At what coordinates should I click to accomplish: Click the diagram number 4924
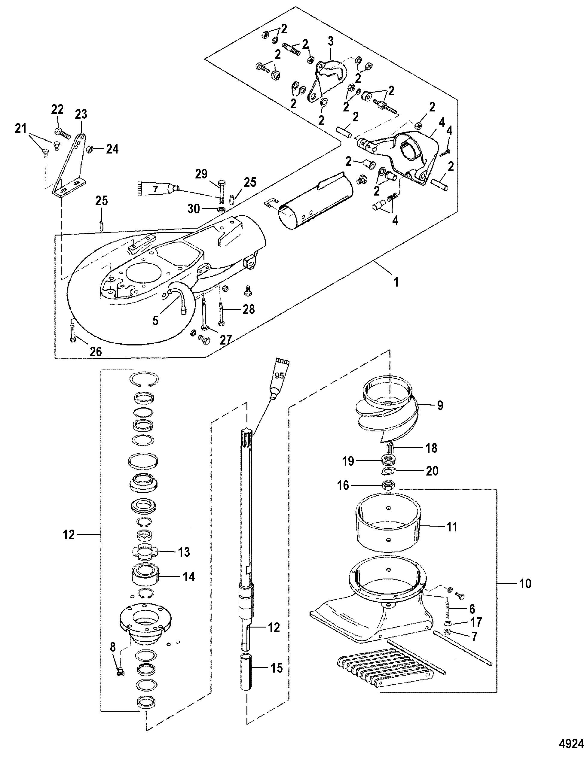coord(570,743)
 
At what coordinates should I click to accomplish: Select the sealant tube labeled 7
coord(157,189)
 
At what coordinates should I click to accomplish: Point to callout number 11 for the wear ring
coord(452,527)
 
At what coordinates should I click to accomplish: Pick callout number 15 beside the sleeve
coord(277,668)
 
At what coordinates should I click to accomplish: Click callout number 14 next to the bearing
coord(189,576)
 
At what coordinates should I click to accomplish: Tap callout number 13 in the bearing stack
coord(184,552)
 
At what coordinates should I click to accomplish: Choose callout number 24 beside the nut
coord(112,149)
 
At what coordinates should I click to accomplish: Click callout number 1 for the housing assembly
coord(396,282)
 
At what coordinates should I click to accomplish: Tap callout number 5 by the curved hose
coord(155,321)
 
